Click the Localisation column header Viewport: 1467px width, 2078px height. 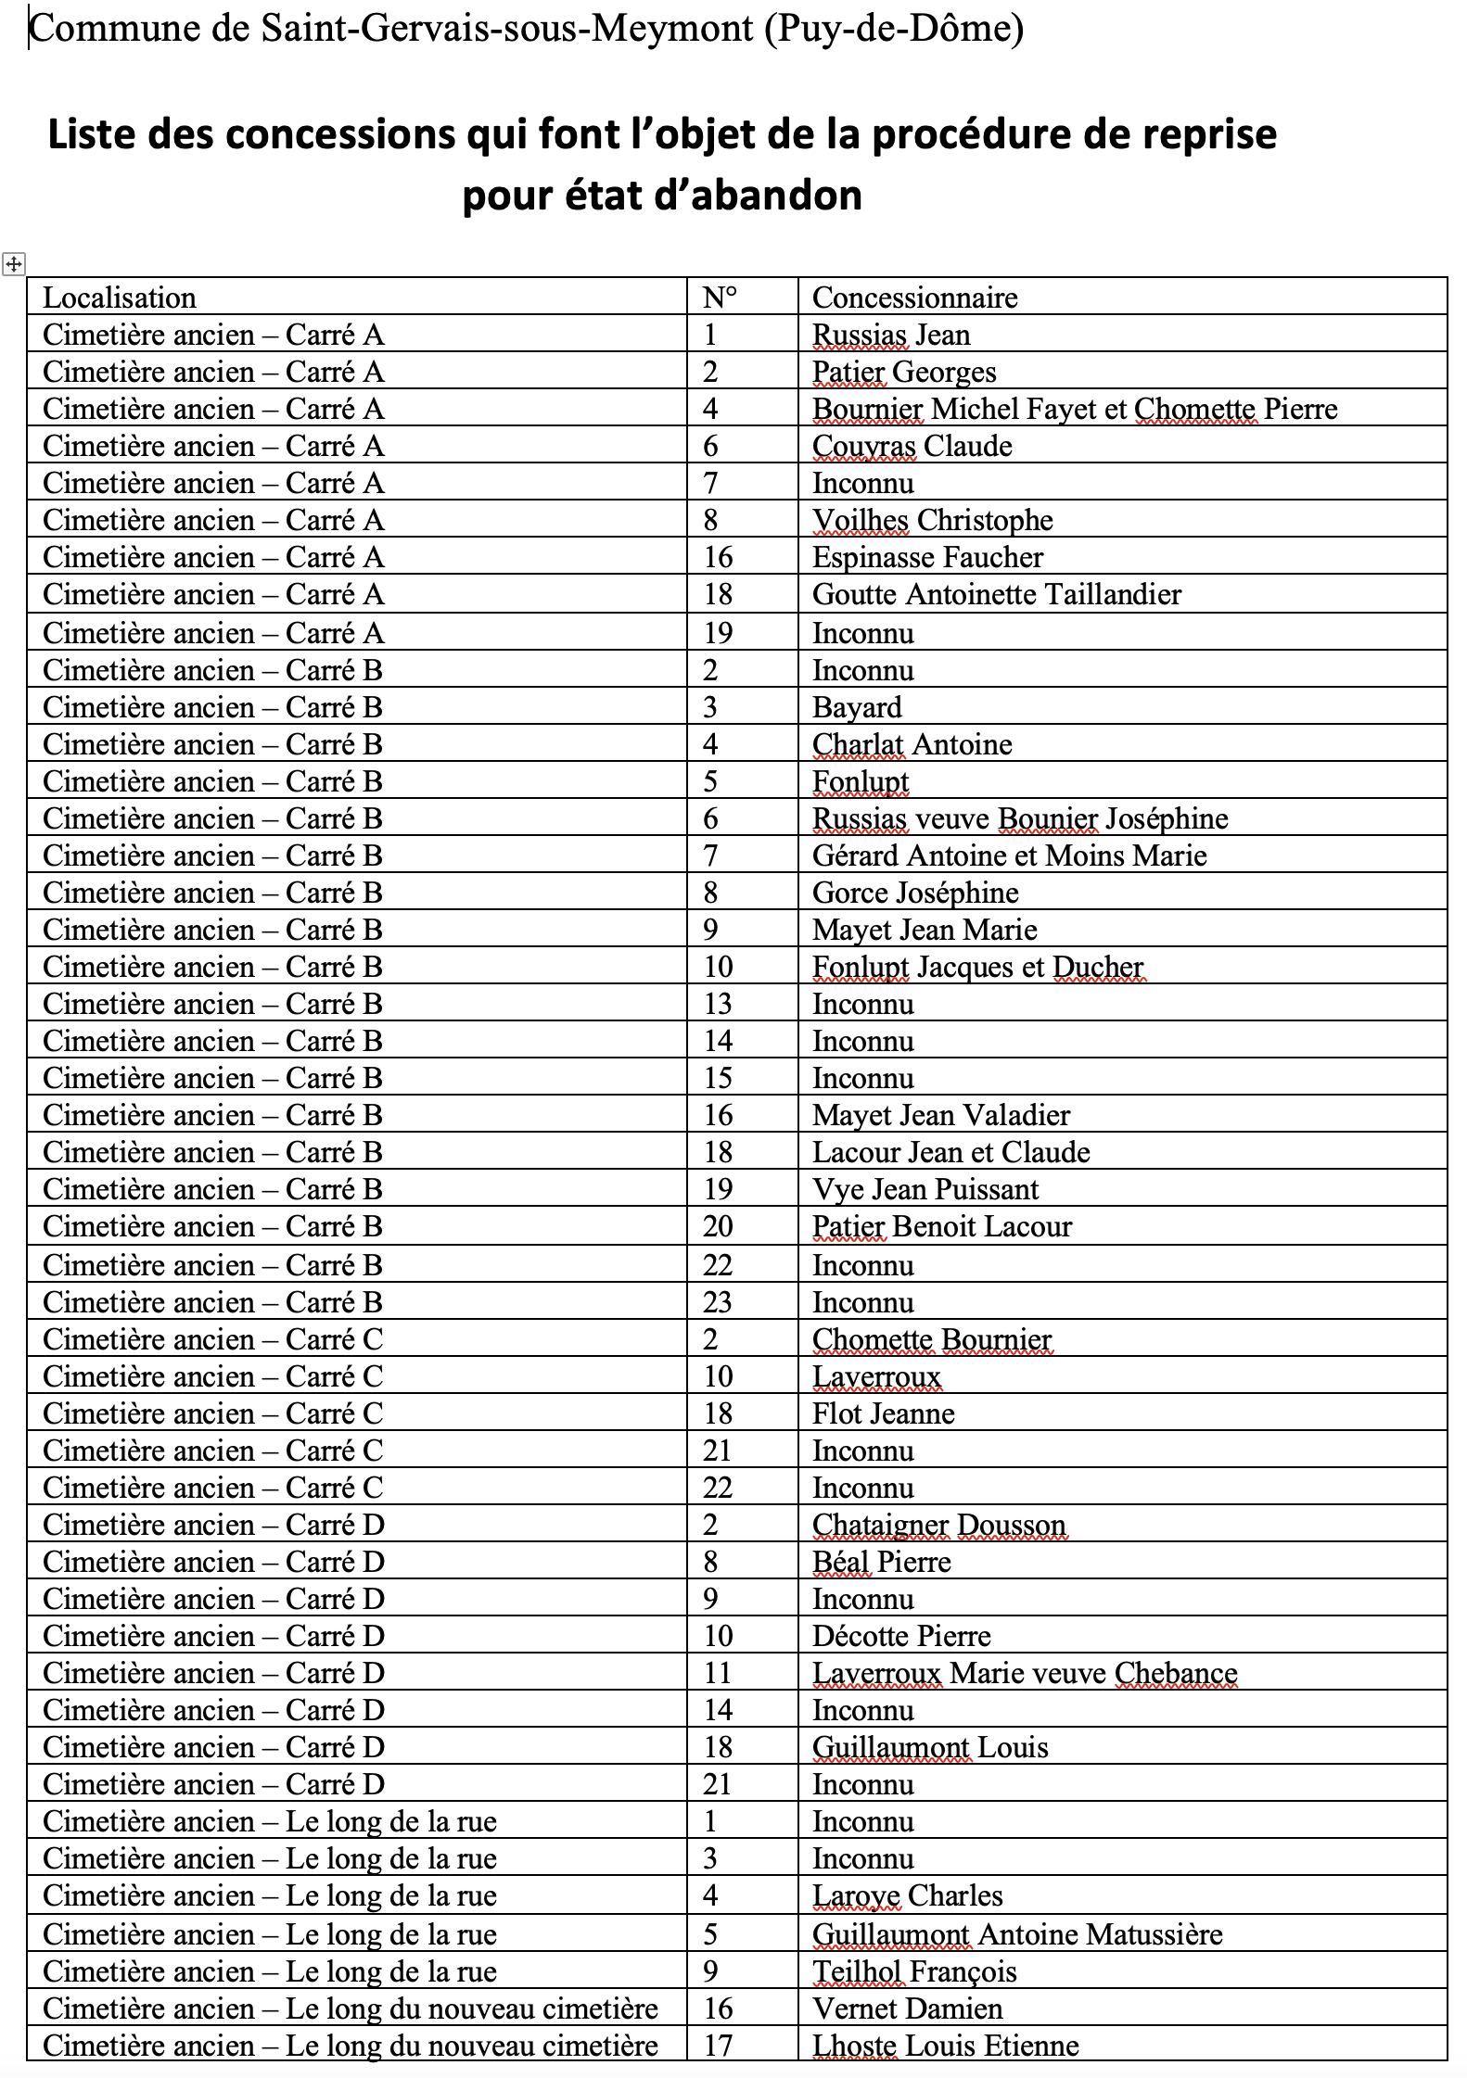click(120, 298)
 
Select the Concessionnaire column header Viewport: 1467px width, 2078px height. click(914, 298)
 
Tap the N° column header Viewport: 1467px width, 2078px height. click(720, 298)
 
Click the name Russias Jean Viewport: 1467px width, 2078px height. click(891, 335)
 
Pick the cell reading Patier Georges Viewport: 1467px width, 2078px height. click(904, 372)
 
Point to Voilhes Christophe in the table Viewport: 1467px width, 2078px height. click(932, 520)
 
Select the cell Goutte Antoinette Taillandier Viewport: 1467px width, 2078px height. click(997, 594)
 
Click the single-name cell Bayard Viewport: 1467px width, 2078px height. click(857, 707)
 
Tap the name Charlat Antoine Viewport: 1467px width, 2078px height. click(912, 744)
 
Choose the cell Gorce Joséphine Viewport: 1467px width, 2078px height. click(915, 893)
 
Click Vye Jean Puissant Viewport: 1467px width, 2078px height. click(925, 1189)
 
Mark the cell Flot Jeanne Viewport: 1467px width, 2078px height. click(883, 1413)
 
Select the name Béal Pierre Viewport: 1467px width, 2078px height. click(881, 1562)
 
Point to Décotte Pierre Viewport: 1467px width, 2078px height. click(901, 1636)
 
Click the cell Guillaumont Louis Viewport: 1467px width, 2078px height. click(930, 1747)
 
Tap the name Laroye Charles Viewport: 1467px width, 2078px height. click(907, 1895)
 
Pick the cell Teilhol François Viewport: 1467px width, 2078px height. click(914, 1971)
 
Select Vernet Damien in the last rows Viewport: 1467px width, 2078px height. click(907, 2008)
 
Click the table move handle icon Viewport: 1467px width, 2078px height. click(14, 264)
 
